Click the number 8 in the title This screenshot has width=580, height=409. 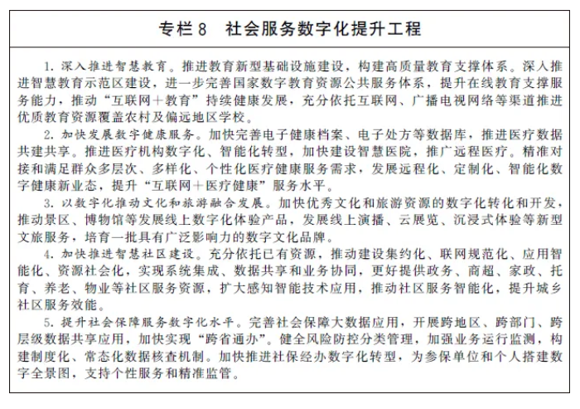click(x=200, y=29)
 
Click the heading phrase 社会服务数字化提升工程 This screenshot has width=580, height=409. click(x=322, y=29)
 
